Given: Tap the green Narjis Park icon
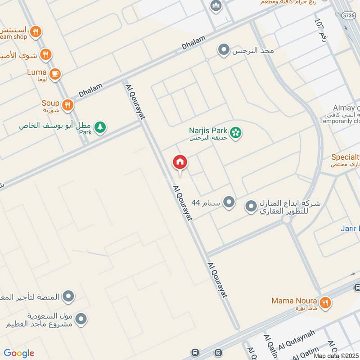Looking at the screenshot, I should (235, 133).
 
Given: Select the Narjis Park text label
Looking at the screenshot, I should (208, 130).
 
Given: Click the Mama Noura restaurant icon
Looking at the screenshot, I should (326, 302).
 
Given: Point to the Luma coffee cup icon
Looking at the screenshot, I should (55, 74).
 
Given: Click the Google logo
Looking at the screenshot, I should (19, 353).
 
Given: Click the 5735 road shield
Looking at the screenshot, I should (347, 15).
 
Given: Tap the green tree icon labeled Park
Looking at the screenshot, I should (100, 127).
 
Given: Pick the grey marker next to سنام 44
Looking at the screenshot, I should (229, 202).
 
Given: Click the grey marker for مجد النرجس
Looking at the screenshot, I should (223, 50).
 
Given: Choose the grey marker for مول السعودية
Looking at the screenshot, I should (81, 319).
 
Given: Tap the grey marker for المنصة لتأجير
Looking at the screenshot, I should (68, 297).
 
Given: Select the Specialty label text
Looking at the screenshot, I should (345, 157).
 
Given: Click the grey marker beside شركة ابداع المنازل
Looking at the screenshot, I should (251, 207).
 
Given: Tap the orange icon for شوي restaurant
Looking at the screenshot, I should (45, 55).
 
